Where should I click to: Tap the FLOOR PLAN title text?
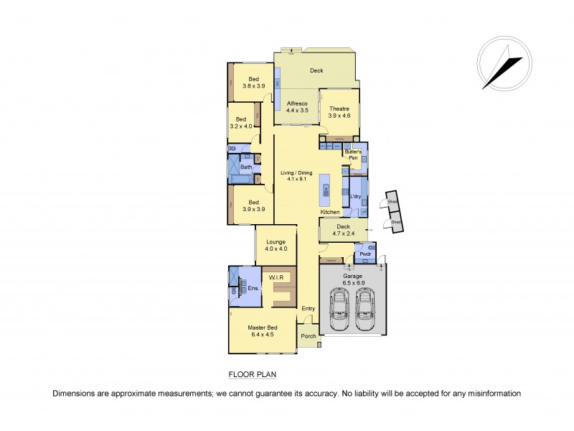252,374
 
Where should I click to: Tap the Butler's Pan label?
353,154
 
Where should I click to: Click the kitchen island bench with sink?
326,190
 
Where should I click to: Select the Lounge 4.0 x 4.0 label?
276,245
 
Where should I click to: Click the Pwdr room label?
365,254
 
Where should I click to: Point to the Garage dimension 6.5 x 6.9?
352,283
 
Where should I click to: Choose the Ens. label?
253,288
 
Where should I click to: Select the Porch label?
308,336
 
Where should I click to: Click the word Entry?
308,309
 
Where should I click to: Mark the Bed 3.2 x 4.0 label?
241,123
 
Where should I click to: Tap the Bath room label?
246,167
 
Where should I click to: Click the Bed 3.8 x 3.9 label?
253,83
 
